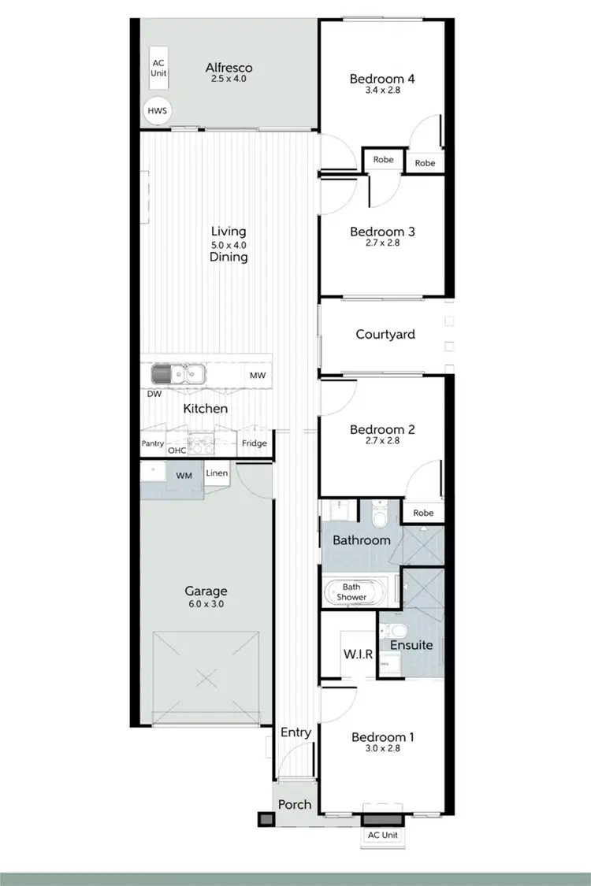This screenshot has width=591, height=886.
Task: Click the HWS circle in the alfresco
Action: [x=157, y=112]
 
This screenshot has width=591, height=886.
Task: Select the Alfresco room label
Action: [x=229, y=67]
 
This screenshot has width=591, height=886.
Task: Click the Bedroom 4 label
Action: [x=382, y=79]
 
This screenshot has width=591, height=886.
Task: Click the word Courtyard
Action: [x=385, y=334]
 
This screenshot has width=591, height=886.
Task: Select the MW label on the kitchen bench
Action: [x=258, y=376]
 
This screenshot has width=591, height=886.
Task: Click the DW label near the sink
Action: [x=154, y=393]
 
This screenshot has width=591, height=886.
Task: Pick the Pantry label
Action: [x=153, y=444]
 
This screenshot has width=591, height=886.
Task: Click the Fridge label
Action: [x=254, y=443]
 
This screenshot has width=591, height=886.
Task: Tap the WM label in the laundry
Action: [x=184, y=476]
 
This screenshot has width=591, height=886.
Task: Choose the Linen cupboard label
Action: [x=217, y=473]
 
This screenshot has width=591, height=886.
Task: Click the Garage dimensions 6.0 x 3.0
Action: [x=206, y=604]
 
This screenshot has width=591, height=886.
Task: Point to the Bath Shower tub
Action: [x=351, y=591]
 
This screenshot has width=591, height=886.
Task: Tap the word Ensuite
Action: [x=412, y=645]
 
